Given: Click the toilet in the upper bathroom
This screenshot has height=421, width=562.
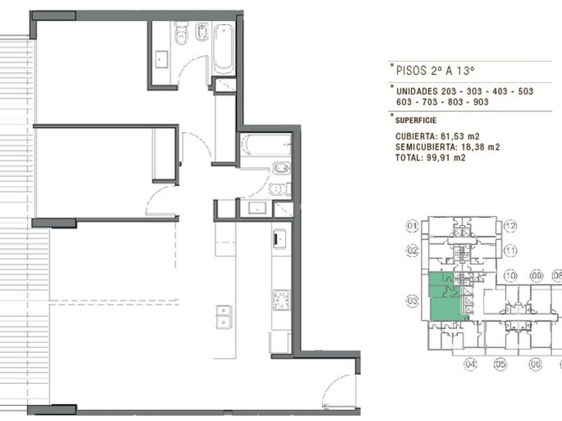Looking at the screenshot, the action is tap(182, 33).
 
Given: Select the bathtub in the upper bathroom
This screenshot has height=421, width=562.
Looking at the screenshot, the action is tap(223, 49).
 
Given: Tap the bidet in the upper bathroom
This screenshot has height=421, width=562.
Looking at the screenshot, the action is tap(202, 31).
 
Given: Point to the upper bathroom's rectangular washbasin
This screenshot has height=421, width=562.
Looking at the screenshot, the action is tap(161, 59).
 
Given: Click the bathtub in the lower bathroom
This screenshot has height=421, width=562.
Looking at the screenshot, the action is tap(266, 145).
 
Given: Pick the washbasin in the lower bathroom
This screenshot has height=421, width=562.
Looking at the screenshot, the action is tap(258, 208).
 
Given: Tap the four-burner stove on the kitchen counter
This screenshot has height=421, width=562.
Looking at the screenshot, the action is tap(281, 300).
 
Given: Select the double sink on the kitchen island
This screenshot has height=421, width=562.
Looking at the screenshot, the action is tap(223, 317).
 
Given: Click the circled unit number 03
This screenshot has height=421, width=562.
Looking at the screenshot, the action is tap(412, 300).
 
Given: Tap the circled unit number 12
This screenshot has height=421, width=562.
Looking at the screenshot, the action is tap(510, 227).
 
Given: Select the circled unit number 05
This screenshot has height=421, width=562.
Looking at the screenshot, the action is tap(500, 364).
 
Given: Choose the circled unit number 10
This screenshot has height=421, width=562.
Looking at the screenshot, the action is tap(510, 275).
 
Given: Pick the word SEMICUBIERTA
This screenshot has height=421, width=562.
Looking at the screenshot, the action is tap(426, 147).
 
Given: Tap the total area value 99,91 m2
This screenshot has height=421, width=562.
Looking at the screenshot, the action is tap(446, 158).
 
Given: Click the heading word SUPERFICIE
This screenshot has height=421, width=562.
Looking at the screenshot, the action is tap(415, 120).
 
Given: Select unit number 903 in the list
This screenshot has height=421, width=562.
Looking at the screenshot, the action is tap(481, 102).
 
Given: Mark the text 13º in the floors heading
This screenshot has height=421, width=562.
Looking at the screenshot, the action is tap(466, 71).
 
